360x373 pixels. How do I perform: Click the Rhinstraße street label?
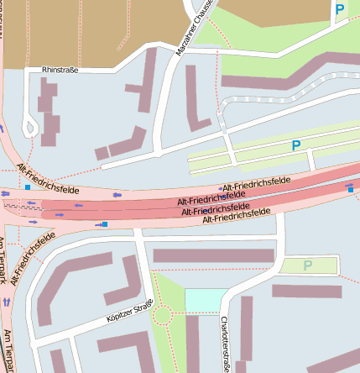(x=60, y=70)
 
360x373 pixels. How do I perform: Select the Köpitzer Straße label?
(x=130, y=312)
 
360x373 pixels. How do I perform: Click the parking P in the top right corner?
(x=339, y=10)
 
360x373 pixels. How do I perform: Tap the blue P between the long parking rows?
(x=295, y=145)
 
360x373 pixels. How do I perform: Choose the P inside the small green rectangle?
(x=307, y=265)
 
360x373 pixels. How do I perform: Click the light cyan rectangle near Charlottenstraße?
(x=206, y=300)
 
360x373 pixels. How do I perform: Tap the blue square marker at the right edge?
(x=351, y=189)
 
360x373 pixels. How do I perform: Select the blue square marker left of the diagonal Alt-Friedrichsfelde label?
(x=28, y=188)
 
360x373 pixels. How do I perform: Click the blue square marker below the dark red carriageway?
(x=105, y=223)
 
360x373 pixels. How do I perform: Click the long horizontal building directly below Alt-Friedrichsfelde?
(x=213, y=255)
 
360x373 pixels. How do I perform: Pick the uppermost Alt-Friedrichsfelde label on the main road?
(x=255, y=182)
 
